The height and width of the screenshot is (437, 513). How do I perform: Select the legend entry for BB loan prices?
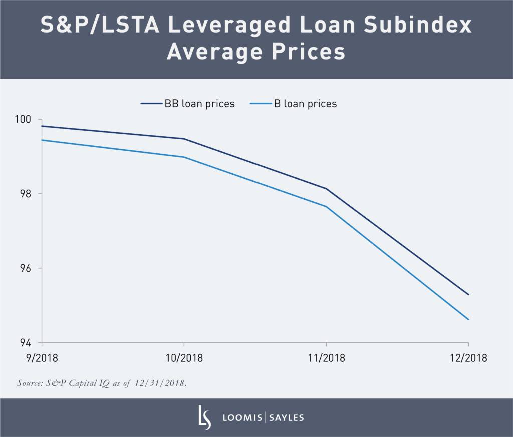tap(188, 104)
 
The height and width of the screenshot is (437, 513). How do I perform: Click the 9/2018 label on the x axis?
tap(42, 358)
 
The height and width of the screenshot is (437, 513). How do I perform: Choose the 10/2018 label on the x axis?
tap(184, 358)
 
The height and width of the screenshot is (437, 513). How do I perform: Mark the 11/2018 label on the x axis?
tap(326, 358)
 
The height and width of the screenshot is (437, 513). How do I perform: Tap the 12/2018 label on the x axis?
tap(468, 358)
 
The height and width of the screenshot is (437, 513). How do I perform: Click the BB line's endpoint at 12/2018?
tap(468, 294)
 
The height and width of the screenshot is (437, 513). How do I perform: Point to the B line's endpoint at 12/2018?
tap(468, 319)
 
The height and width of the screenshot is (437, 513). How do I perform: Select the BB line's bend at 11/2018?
tap(326, 188)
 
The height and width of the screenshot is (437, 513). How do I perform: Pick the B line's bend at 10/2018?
tap(184, 157)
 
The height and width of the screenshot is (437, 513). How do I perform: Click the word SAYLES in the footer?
tap(287, 418)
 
